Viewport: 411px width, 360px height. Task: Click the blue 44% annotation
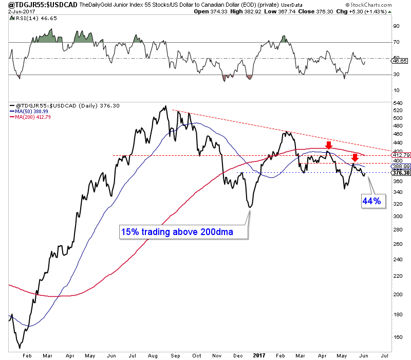371,202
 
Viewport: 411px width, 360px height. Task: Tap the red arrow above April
328,145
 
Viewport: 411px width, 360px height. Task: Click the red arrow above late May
354,157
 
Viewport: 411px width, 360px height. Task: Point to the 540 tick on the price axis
397,103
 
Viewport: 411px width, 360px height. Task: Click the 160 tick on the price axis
397,337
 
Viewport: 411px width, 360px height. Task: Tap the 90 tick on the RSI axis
396,26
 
